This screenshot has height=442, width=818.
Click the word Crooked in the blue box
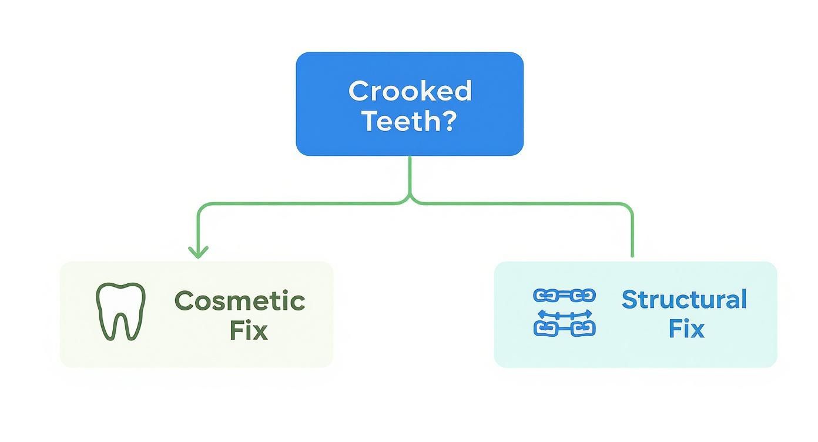(x=410, y=91)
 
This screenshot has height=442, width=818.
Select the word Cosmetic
(x=240, y=301)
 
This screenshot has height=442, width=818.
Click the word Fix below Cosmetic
(x=248, y=330)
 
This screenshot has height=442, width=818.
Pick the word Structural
(x=684, y=299)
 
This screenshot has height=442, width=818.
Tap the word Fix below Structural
(x=686, y=328)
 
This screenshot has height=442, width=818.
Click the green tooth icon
(x=120, y=312)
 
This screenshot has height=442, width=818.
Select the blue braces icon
(x=564, y=312)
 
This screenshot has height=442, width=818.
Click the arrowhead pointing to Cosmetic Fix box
(x=198, y=252)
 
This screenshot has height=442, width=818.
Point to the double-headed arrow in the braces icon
(x=564, y=315)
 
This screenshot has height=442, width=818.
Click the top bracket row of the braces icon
(x=564, y=296)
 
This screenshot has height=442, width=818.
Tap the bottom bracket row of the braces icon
(x=564, y=328)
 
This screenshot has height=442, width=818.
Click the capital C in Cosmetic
(x=185, y=301)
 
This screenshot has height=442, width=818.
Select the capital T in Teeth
(x=370, y=120)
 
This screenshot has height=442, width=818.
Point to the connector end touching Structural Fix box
(x=632, y=255)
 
